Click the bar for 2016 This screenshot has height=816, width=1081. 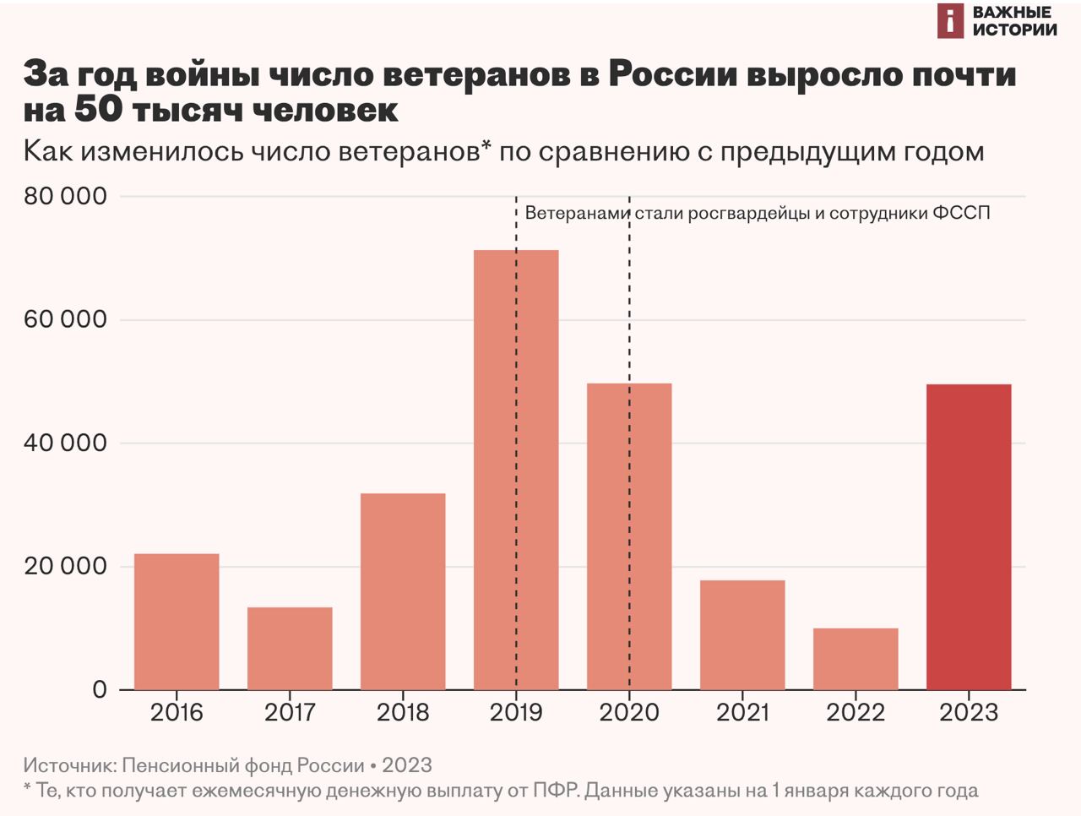[x=177, y=622]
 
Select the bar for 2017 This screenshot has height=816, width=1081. [x=290, y=649]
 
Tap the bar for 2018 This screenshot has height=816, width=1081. [x=403, y=591]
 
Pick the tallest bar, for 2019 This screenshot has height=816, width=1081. [x=516, y=470]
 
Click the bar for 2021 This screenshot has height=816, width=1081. [x=742, y=635]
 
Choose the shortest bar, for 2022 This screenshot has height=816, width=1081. [x=856, y=659]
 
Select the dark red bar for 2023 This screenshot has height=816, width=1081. [x=969, y=537]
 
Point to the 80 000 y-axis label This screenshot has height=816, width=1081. [x=66, y=196]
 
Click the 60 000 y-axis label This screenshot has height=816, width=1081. [x=66, y=319]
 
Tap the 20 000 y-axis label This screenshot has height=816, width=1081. [x=66, y=566]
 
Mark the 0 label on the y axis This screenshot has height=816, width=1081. [x=100, y=689]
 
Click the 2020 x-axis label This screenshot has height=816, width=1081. [x=629, y=712]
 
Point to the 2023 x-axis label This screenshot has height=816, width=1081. [x=969, y=712]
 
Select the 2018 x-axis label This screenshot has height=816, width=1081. [x=403, y=712]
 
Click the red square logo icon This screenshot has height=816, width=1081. [x=950, y=21]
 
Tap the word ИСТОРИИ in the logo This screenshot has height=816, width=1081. [x=1014, y=30]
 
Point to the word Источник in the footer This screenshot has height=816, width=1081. [x=69, y=765]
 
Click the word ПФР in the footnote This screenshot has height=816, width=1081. [x=554, y=791]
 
